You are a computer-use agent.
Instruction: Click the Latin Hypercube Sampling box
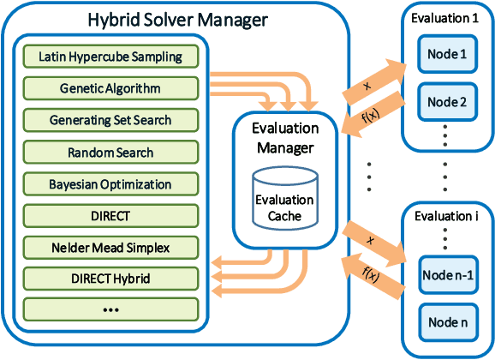(110, 57)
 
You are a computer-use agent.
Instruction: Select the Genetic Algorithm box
(110, 88)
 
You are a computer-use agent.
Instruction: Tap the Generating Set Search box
(110, 120)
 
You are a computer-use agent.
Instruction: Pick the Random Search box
(110, 153)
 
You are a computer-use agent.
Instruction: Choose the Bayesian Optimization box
(110, 184)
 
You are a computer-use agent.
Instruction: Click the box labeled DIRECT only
(110, 216)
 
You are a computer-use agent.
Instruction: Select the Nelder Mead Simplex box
(110, 248)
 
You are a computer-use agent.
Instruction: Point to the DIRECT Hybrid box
(110, 279)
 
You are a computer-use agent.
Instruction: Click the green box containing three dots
(110, 309)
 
